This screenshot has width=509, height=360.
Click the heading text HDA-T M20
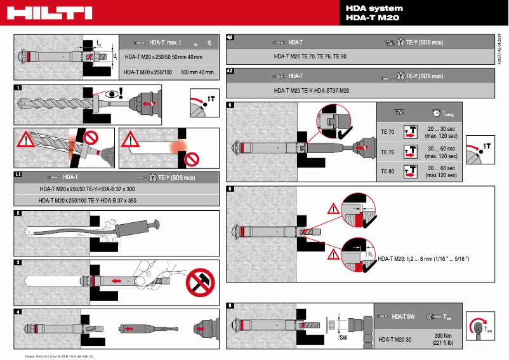pos(372,18)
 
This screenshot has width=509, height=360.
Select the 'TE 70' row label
pos(387,133)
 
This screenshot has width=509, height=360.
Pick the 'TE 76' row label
pos(387,152)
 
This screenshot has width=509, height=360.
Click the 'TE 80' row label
pos(387,171)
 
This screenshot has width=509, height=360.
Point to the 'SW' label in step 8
pos(343,338)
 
